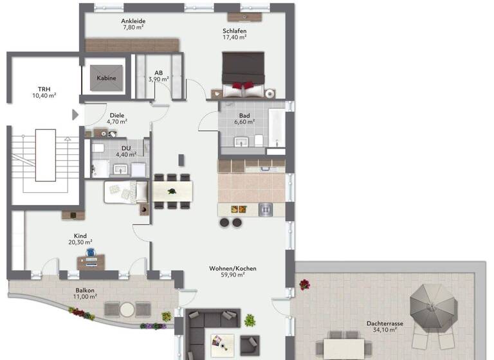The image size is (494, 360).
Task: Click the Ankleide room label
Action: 133,21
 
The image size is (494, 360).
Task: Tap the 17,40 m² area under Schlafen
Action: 234,37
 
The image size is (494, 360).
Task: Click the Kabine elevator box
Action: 106,78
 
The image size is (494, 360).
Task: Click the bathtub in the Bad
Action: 277,128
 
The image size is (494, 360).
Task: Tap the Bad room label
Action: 244,115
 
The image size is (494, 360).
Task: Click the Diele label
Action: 116,115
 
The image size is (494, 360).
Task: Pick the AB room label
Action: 158,72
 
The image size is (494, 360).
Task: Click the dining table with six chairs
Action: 172,191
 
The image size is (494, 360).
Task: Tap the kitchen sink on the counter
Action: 266,208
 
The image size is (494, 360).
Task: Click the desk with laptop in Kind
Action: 91,262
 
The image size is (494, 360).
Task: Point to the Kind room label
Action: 80,236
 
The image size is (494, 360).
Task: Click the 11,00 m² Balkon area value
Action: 85,296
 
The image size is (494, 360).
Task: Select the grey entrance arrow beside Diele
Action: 75,114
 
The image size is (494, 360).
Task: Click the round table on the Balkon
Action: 127,309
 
